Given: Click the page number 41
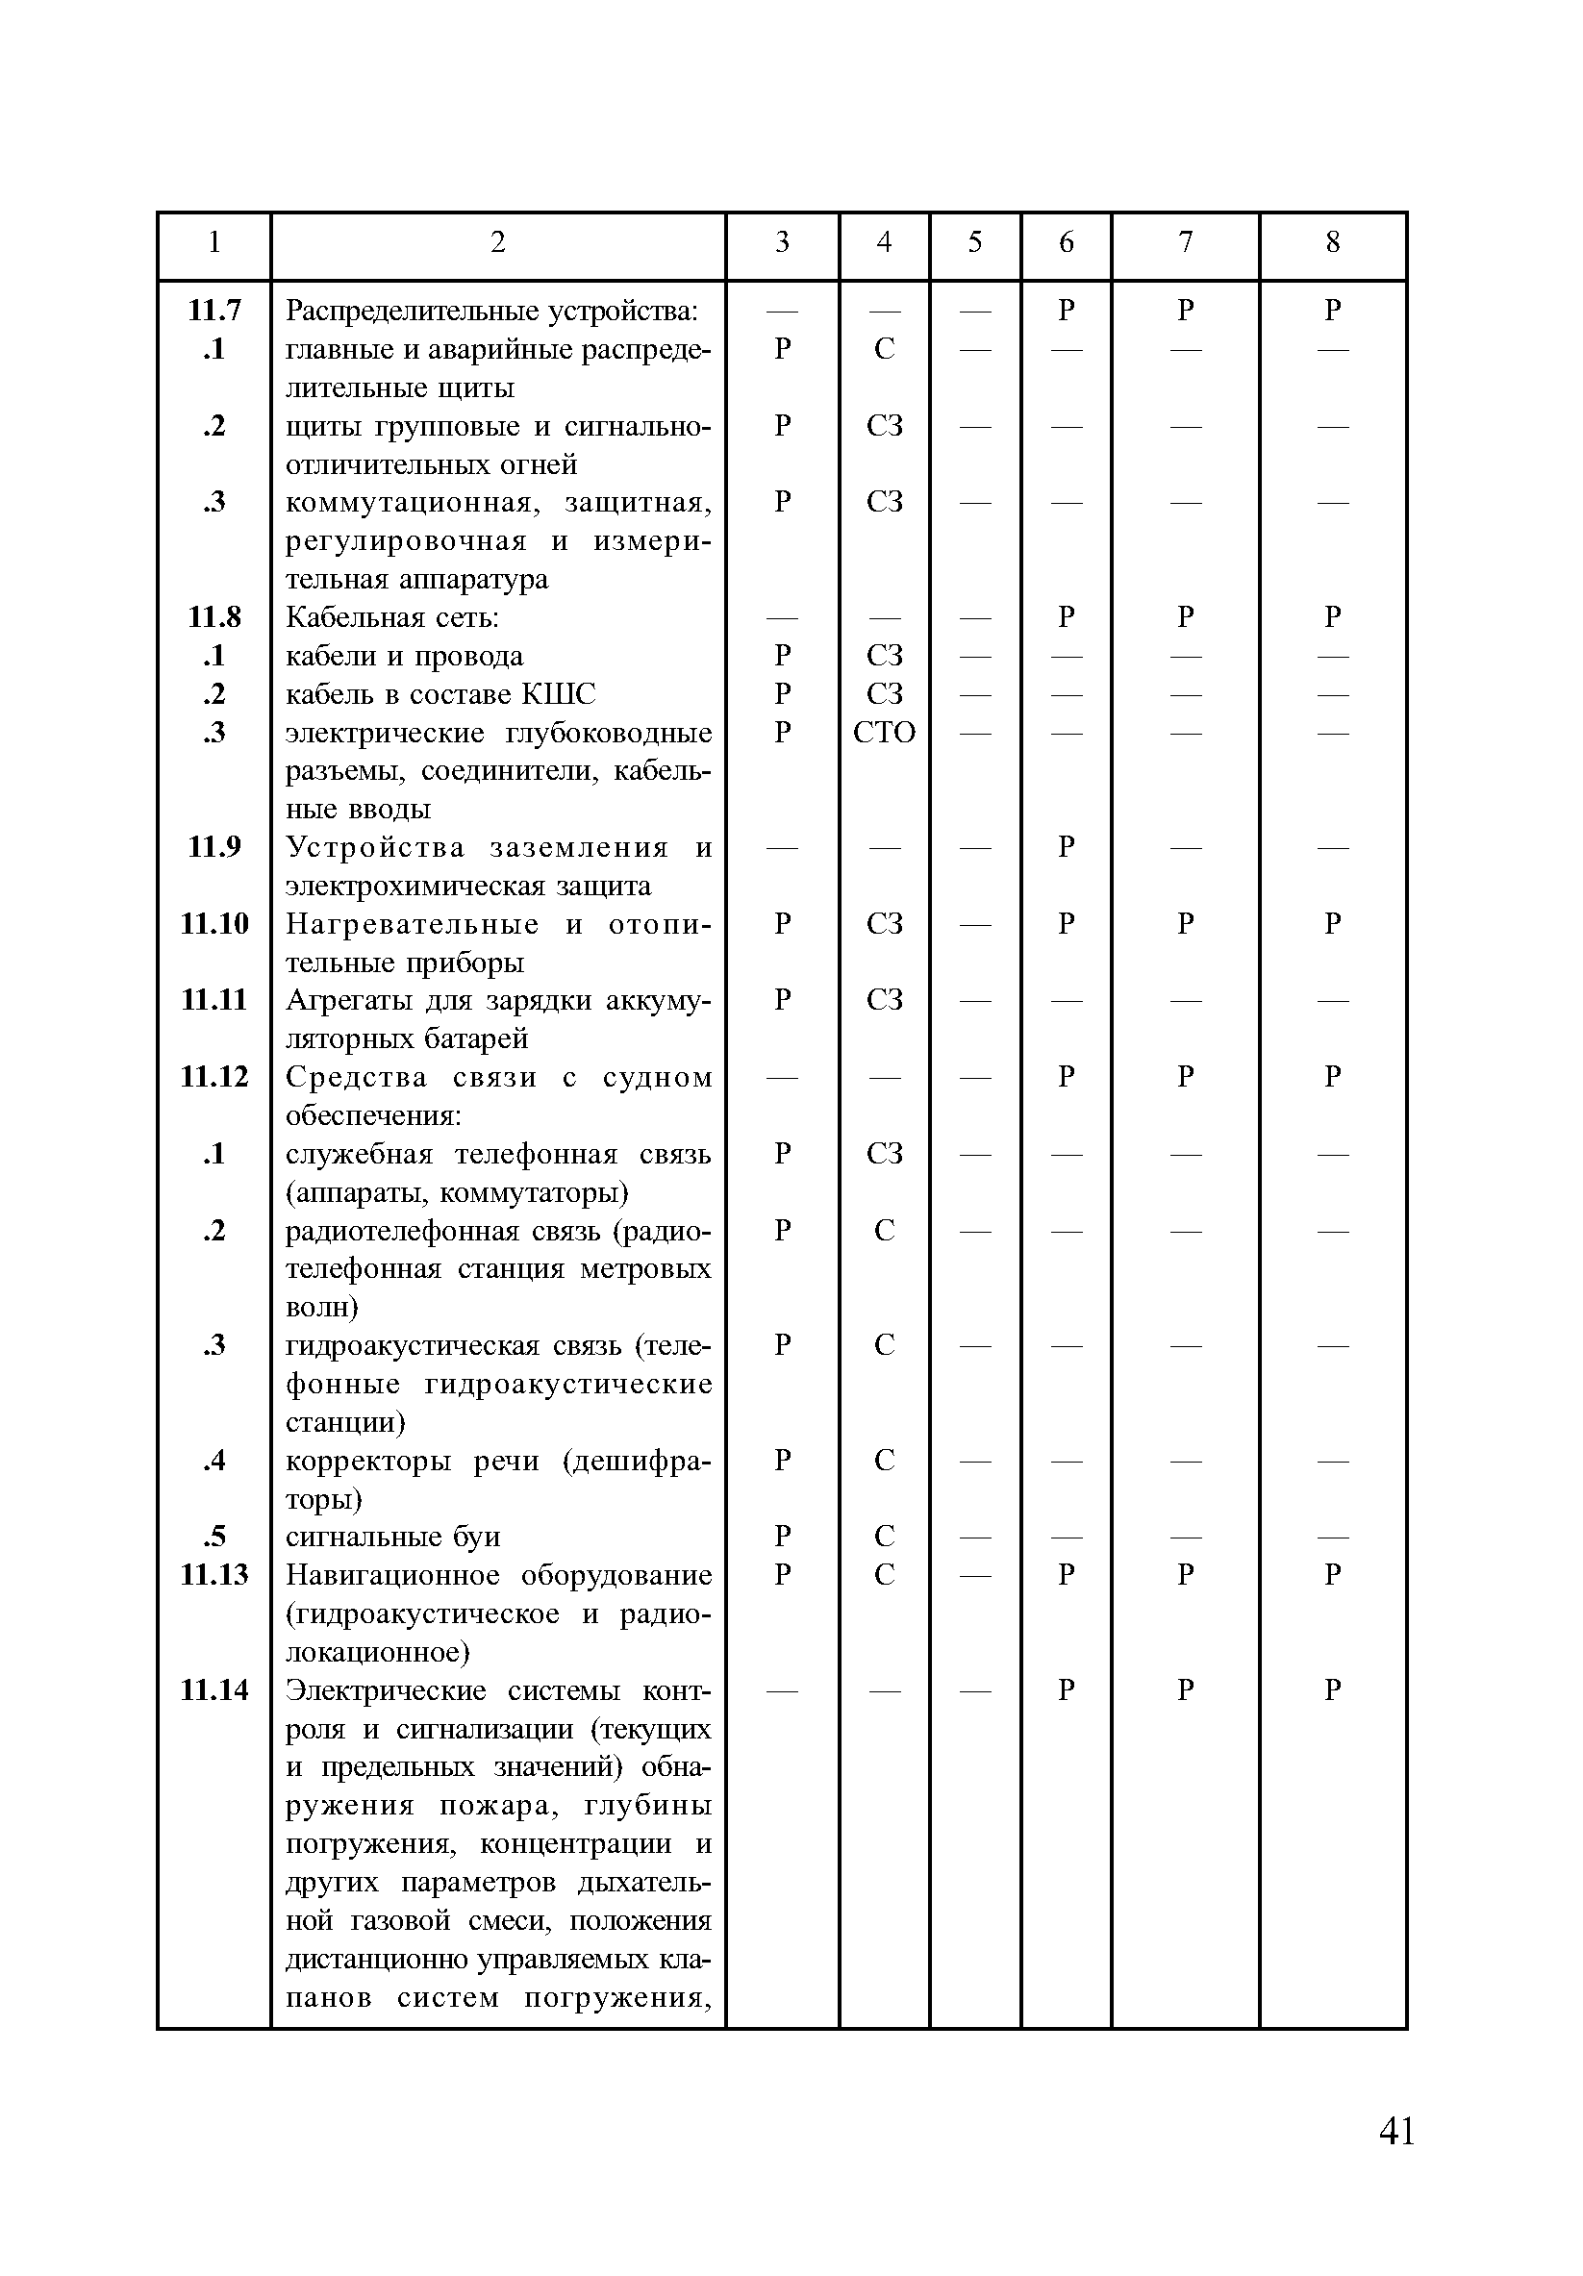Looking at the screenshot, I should pos(1395,2130).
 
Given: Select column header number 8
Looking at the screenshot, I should pos(1332,242).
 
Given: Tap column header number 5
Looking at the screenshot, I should pos(974,242).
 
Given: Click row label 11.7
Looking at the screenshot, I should pos(214,311).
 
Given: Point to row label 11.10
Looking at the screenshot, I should pos(214,923).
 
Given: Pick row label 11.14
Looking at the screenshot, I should pos(214,1689).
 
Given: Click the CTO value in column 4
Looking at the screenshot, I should pos(883,733).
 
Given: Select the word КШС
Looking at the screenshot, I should pos(558,694).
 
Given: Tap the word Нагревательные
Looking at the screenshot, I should pos(413,924).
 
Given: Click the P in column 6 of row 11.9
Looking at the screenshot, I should pos(1066,846).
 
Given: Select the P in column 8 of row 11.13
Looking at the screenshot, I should pos(1332,1574).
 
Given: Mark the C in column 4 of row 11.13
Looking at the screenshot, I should pos(883,1574).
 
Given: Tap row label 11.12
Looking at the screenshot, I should pos(214,1077).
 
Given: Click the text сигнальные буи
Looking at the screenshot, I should pos(392,1537).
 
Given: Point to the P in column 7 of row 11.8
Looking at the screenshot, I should pos(1185,616).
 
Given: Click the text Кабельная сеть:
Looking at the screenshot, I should pos(392,617).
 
